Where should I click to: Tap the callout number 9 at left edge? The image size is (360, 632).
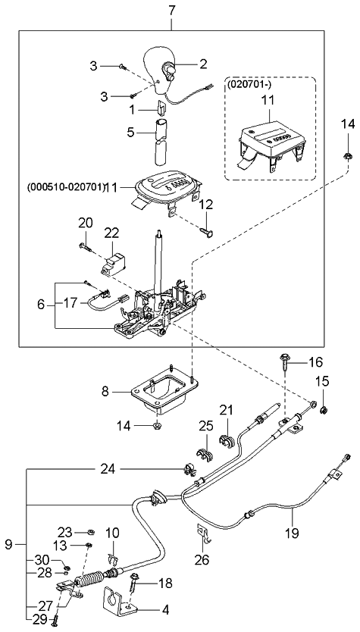pyautogui.click(x=8, y=543)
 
